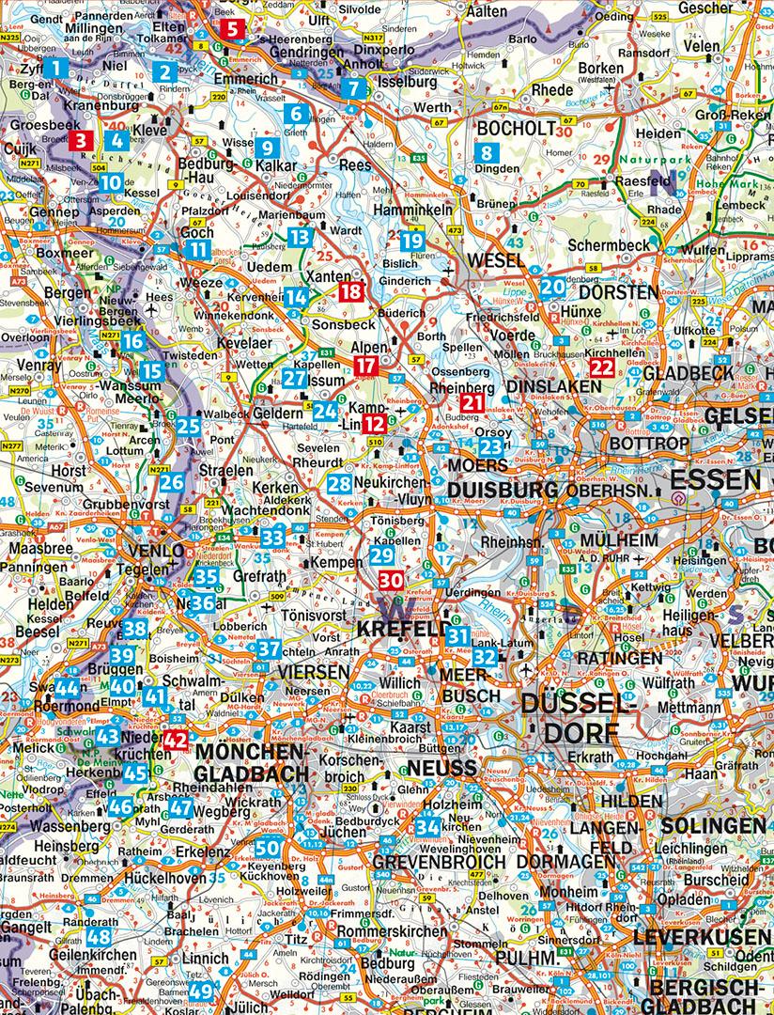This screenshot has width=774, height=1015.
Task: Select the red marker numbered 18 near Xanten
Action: (x=350, y=291)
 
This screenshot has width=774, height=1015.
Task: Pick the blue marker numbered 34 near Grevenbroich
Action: (x=427, y=826)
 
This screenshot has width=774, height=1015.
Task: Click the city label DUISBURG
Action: (x=503, y=489)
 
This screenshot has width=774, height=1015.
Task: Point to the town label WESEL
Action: (x=496, y=258)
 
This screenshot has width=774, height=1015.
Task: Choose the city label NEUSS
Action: (x=441, y=768)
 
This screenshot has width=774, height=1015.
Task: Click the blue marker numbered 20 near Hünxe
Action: (x=552, y=289)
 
